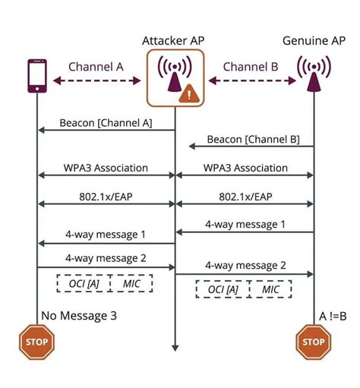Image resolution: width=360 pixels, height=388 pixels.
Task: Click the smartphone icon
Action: coord(36,76)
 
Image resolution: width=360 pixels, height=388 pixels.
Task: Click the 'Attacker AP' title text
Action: coord(175,39)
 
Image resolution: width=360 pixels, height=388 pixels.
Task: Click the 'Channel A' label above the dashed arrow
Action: coord(96,65)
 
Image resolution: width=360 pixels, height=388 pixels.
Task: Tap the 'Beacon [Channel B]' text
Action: coord(253,139)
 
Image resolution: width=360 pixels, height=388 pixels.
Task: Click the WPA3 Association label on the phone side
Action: coord(106,167)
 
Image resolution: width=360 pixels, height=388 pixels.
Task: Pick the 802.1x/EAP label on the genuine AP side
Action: coord(244,195)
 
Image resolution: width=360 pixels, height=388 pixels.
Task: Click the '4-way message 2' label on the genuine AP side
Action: coord(245,265)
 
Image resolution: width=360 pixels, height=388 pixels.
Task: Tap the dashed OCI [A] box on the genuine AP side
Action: coord(218,290)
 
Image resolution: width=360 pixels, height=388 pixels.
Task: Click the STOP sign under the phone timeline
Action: coord(36,341)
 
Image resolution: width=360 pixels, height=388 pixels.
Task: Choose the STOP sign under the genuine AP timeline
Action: coord(313,341)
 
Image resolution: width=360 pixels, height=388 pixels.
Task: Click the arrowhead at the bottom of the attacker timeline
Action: coord(175,347)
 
